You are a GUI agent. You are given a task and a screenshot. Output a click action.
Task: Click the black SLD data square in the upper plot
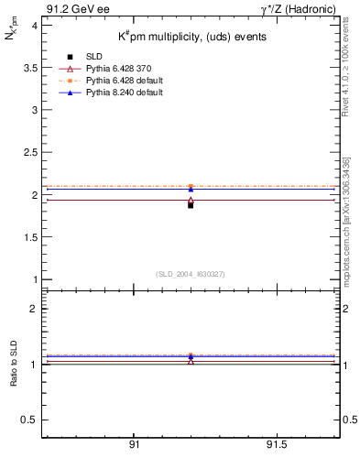tap(191, 205)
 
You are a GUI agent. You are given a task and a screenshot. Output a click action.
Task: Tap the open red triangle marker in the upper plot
tap(191, 200)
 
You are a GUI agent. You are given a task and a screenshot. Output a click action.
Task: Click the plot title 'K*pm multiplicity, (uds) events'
tap(192, 38)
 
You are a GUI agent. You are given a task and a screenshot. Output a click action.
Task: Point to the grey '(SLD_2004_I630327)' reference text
tap(191, 273)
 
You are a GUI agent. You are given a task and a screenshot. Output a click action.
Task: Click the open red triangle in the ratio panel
tap(191, 360)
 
